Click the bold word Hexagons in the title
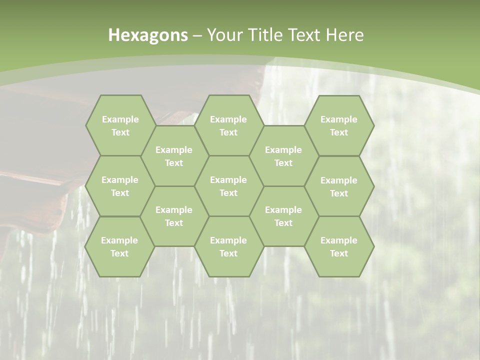[x=148, y=35]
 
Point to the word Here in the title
[x=344, y=35]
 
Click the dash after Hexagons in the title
[x=197, y=35]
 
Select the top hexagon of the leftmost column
[x=120, y=125]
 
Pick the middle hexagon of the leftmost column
[x=120, y=186]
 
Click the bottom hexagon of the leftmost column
[x=119, y=246]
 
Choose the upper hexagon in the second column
[x=174, y=156]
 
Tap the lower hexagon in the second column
[x=174, y=216]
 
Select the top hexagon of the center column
[x=228, y=125]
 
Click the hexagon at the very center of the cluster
[x=228, y=186]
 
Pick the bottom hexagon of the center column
[x=228, y=246]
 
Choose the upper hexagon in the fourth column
[x=283, y=156]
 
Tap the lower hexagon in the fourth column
[x=283, y=216]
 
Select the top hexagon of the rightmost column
[x=339, y=125]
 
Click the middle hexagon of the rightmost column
[x=339, y=186]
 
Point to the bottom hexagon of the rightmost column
[x=339, y=246]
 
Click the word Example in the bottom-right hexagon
[x=339, y=240]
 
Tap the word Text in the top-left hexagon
[x=120, y=132]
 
